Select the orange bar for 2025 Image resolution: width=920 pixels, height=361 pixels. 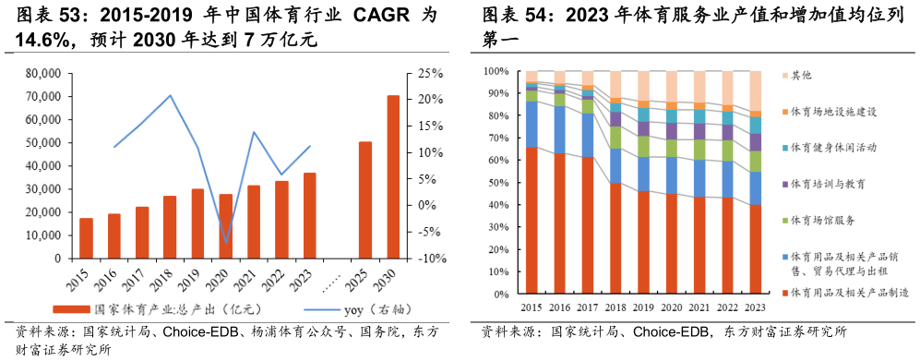coord(365,200)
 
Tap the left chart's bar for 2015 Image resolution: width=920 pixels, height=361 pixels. coord(86,238)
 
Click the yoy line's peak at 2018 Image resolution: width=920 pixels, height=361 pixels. coord(170,95)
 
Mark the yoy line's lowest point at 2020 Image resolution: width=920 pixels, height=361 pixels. coord(226,244)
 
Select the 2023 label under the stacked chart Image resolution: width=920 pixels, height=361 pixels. coord(755,307)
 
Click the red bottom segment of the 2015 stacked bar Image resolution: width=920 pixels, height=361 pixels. coord(532,222)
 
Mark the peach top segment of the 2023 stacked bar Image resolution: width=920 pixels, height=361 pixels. coord(756,90)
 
